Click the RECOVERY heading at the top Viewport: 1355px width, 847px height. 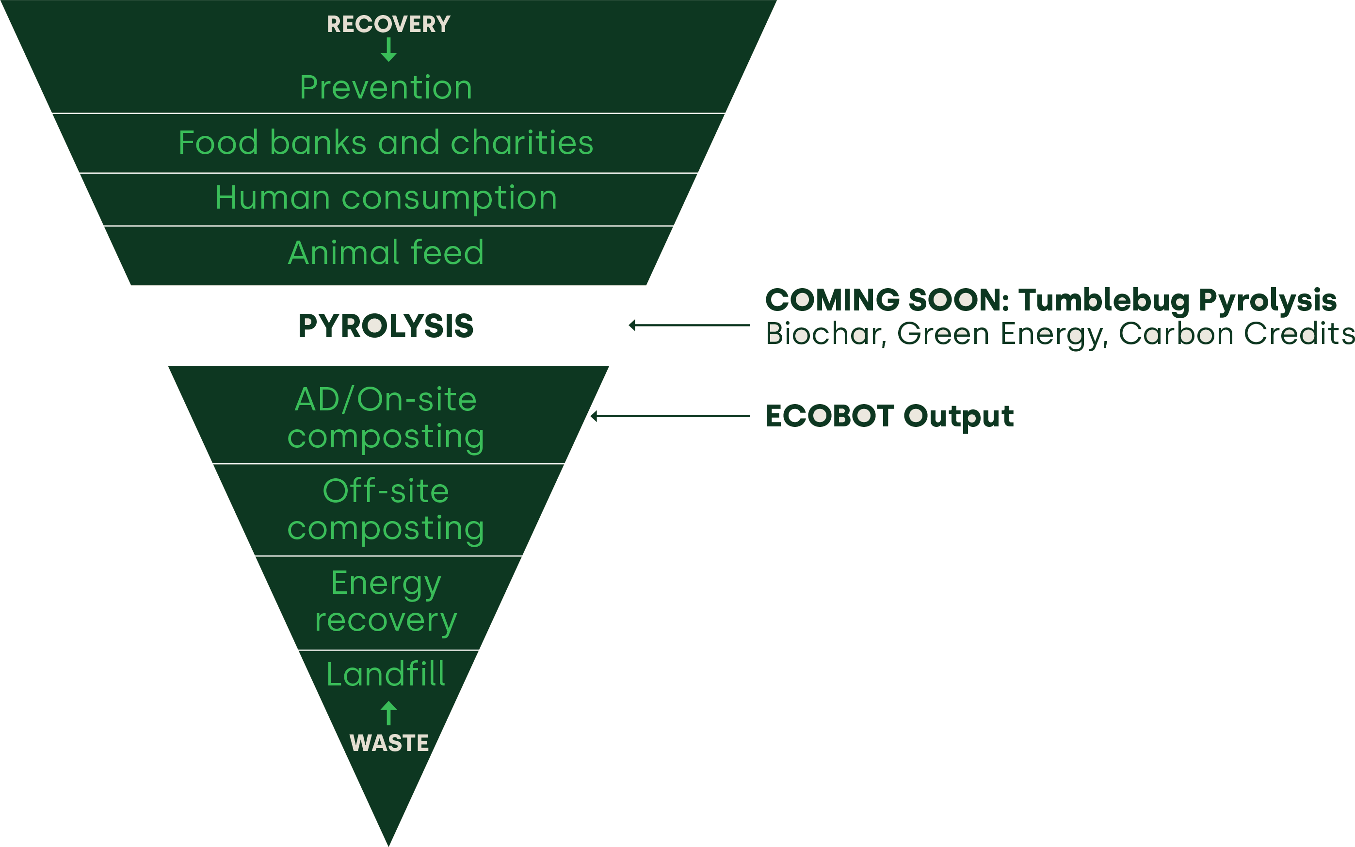click(388, 24)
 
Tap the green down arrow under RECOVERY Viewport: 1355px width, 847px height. click(388, 50)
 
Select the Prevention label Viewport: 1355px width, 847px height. click(386, 88)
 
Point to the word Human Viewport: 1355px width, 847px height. click(272, 198)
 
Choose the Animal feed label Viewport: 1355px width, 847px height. click(386, 253)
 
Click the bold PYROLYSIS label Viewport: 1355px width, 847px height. click(386, 326)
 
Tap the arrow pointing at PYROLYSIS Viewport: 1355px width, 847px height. click(689, 325)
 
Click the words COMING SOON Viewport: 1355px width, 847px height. click(887, 300)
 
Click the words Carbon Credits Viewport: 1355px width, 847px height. click(1236, 334)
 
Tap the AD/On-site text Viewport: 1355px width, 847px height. click(386, 400)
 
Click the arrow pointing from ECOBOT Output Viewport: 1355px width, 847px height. click(670, 416)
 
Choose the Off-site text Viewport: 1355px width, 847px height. click(386, 491)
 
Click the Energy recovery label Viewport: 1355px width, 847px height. click(386, 602)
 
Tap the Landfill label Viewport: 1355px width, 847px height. click(386, 674)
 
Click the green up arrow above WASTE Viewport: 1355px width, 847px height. click(388, 714)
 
